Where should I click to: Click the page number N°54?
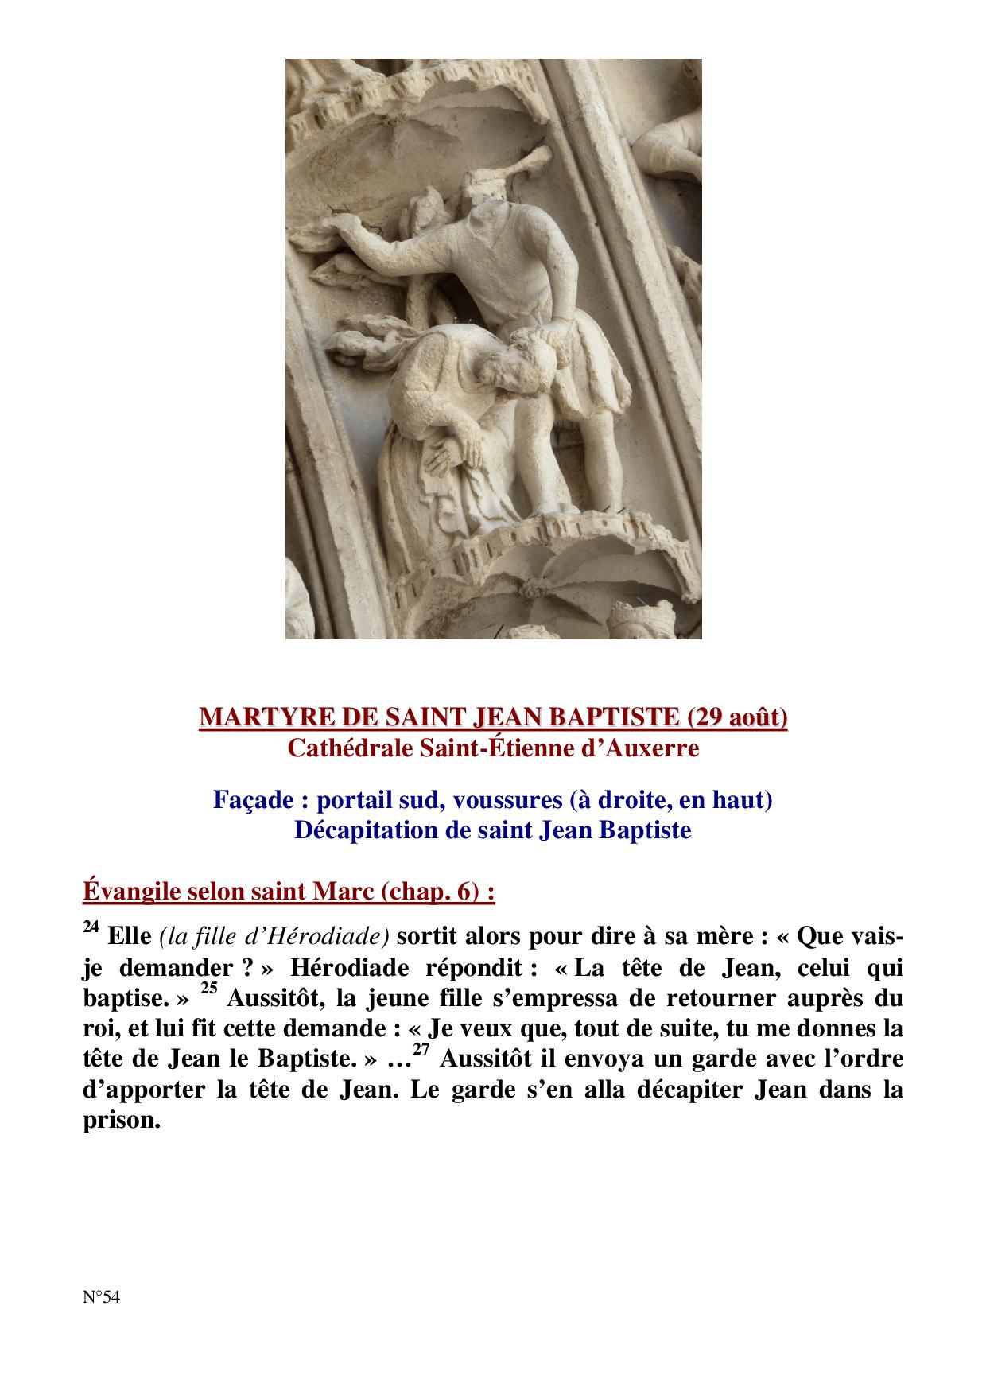pyautogui.click(x=101, y=1297)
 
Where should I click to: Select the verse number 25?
pyautogui.click(x=208, y=989)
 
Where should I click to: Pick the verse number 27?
pyautogui.click(x=422, y=1050)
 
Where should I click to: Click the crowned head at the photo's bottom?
pyautogui.click(x=636, y=620)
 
